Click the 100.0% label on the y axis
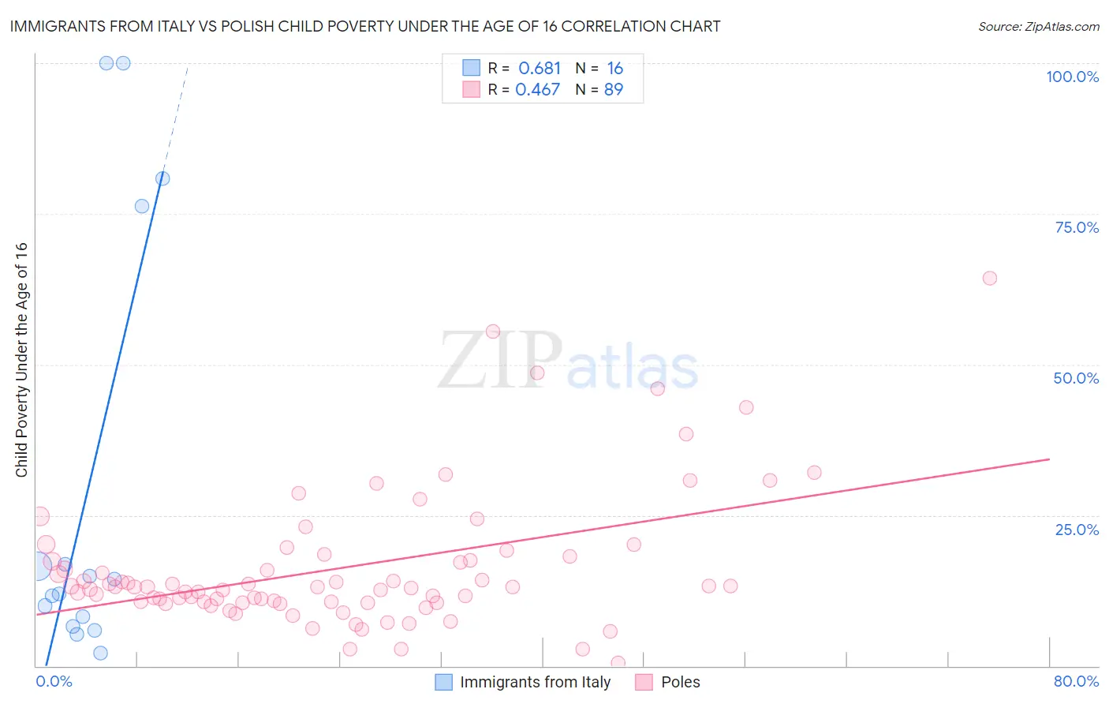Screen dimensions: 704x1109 coord(1072,77)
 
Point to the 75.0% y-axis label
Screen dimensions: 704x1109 coord(1077,227)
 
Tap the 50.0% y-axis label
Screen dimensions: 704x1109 coord(1076,378)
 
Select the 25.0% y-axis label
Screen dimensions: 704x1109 coord(1077,530)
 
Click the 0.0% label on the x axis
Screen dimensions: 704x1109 coord(54,681)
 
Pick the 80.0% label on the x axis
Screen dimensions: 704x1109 coord(1076,681)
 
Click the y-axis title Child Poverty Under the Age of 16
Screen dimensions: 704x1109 coord(21,359)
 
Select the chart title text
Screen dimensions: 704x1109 coord(365,27)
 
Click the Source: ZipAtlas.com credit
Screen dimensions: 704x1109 coord(1038,27)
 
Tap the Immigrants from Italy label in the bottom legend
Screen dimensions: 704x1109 coord(535,682)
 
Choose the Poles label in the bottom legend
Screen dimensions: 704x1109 coord(680,682)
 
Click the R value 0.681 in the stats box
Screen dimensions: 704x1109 coord(540,69)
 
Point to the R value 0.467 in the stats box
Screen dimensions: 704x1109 coord(538,90)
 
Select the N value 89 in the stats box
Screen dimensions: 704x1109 coord(613,90)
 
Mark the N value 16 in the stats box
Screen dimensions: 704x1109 coord(614,69)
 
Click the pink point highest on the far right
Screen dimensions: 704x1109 coord(990,278)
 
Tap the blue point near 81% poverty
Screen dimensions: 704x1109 coord(162,178)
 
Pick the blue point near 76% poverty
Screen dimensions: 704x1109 coord(142,206)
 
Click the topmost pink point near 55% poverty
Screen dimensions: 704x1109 coord(493,331)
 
